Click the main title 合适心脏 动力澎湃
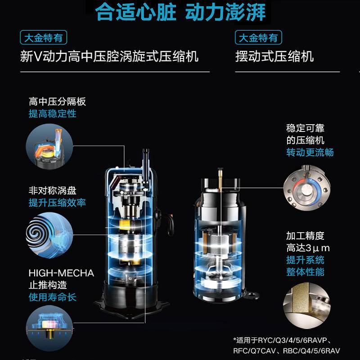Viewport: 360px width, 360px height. (180, 12)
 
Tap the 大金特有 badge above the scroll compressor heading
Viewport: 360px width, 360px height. (43, 37)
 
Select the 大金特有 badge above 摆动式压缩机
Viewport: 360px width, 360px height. (258, 37)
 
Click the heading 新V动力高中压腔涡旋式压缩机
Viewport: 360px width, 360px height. (109, 57)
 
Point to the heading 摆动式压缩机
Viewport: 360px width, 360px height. (274, 57)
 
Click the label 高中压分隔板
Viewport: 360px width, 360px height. (58, 102)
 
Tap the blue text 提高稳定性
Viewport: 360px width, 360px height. (52, 114)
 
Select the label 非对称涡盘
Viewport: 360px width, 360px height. (52, 190)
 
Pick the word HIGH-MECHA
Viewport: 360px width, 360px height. (61, 273)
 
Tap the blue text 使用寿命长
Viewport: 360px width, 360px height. (52, 297)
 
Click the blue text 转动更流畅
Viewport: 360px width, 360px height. (310, 152)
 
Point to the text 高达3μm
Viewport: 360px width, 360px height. (308, 248)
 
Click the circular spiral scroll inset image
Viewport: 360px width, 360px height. (49, 235)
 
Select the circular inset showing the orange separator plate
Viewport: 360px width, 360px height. (49, 147)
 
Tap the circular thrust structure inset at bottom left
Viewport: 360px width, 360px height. (49, 328)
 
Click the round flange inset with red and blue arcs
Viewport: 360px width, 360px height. (307, 188)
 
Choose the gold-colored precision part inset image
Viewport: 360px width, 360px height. (307, 306)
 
